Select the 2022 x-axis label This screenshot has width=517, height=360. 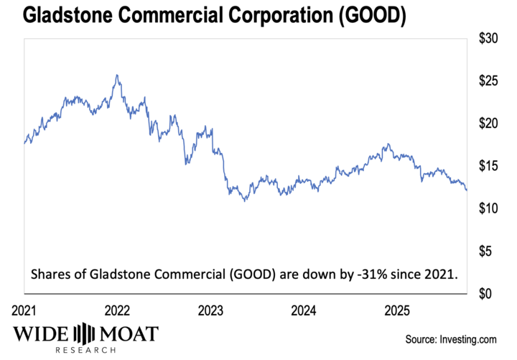pyautogui.click(x=117, y=311)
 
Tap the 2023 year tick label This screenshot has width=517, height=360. pyautogui.click(x=210, y=311)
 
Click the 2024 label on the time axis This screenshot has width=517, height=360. pyautogui.click(x=304, y=311)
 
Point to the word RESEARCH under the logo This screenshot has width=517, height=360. pyautogui.click(x=85, y=351)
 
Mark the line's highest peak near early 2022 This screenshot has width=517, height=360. pyautogui.click(x=116, y=75)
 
